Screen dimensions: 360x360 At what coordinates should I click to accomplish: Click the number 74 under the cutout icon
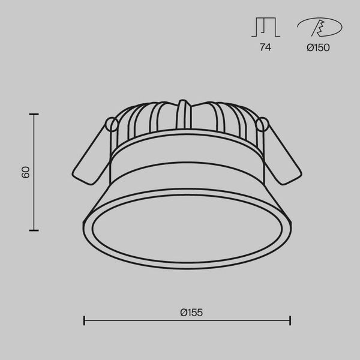click(x=265, y=48)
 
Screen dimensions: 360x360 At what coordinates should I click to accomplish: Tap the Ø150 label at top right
click(x=318, y=48)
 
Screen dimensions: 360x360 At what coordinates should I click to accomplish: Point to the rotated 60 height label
click(x=25, y=172)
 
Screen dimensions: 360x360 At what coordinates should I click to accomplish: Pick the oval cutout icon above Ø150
click(x=319, y=28)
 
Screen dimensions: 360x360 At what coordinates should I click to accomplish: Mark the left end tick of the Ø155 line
click(x=84, y=320)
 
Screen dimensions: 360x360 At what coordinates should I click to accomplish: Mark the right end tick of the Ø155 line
click(x=290, y=320)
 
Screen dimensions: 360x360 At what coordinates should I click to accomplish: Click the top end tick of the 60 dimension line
click(x=34, y=114)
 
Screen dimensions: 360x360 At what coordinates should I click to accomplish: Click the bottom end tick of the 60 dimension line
click(x=34, y=230)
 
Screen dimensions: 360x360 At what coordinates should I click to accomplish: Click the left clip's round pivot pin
click(x=111, y=124)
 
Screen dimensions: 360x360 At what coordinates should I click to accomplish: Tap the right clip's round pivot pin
click(x=261, y=124)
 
